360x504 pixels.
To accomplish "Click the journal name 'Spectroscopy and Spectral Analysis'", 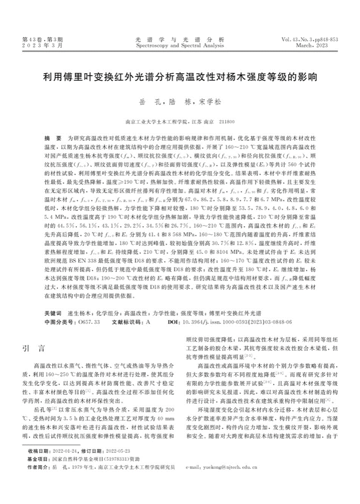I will (x=180, y=45).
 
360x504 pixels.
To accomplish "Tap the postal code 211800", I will (x=226, y=122).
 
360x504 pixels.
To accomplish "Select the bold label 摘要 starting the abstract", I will (x=50, y=138).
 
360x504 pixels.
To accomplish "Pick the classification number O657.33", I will (x=87, y=322).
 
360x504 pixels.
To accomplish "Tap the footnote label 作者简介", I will (x=39, y=480).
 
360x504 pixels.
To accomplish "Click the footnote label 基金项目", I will (x=39, y=472).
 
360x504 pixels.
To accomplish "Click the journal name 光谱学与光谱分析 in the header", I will (x=180, y=39).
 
